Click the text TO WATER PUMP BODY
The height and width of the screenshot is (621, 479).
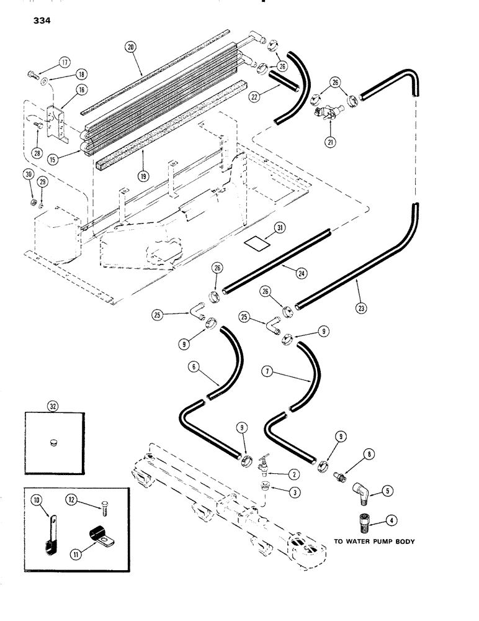coord(376,542)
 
